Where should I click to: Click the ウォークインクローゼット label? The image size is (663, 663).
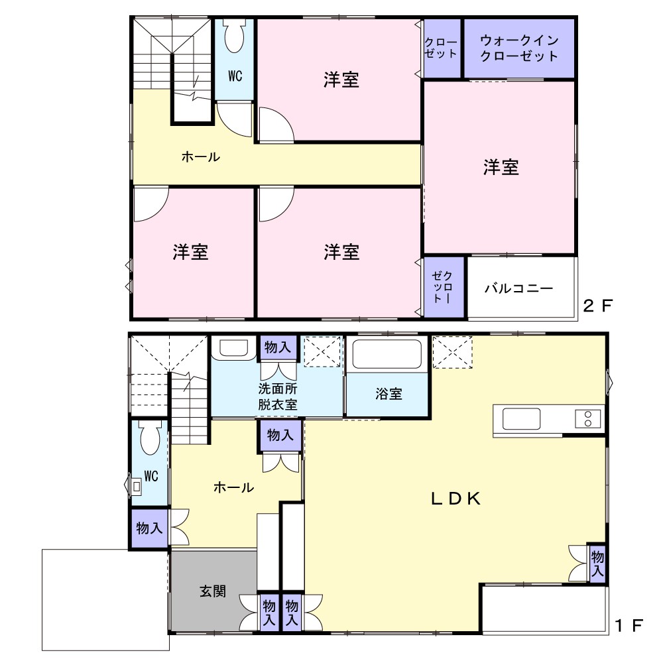519,48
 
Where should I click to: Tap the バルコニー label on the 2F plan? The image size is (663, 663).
519,288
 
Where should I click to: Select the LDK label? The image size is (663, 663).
456,499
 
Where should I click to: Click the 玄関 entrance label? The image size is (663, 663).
213,591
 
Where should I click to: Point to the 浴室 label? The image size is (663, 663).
389,394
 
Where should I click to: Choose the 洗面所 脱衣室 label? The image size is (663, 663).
278,396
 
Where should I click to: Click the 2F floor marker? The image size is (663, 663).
597,305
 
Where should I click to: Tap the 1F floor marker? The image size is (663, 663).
629,625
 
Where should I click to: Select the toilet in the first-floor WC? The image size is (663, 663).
150,438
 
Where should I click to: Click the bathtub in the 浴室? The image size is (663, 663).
387,354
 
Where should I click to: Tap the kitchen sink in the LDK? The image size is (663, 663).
521,418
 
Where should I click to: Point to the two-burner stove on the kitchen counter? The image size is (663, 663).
587,418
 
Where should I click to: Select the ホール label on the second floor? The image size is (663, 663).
200,157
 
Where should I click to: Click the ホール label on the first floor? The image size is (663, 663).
234,487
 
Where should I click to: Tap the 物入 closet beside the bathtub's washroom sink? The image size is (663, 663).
278,347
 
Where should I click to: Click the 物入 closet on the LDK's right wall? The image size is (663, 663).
597,563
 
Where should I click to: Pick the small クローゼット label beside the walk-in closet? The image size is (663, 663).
441,48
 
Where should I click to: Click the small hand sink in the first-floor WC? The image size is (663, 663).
136,486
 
